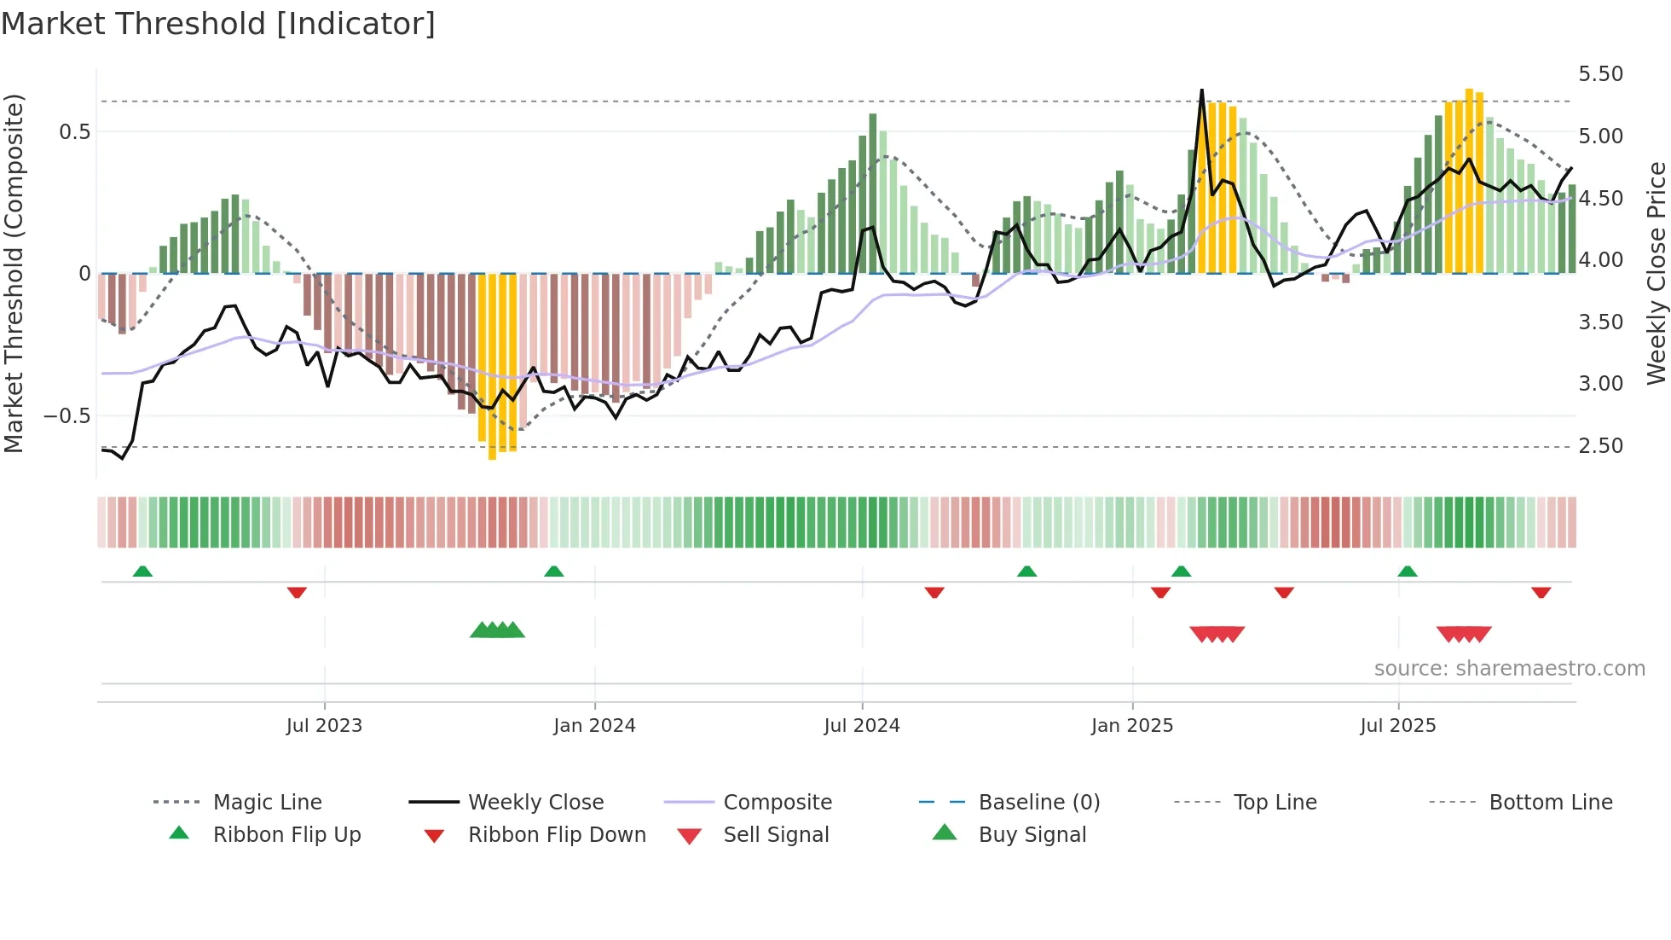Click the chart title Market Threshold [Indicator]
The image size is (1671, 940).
(x=218, y=24)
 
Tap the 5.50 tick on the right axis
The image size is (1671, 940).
(x=1600, y=74)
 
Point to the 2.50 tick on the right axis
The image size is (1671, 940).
(x=1600, y=446)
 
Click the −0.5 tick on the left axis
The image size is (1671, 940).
(x=66, y=416)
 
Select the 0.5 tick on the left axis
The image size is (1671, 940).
(x=74, y=132)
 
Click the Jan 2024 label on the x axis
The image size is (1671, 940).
(x=594, y=726)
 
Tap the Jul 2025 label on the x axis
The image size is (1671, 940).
(x=1397, y=726)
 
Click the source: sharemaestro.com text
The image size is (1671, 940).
(x=1509, y=669)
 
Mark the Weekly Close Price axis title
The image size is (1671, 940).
(x=1656, y=273)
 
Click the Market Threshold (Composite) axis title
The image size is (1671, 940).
(x=14, y=273)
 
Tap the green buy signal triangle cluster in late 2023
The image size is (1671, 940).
(x=497, y=631)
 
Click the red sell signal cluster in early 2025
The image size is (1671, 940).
(x=1217, y=634)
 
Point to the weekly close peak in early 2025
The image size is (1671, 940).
(x=1201, y=90)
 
